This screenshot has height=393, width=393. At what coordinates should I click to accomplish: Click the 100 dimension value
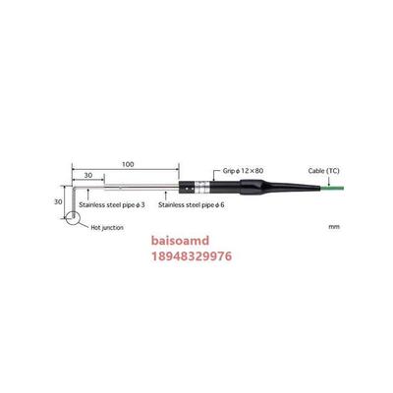click(128, 164)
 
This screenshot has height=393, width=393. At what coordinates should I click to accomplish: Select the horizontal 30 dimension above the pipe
click(88, 176)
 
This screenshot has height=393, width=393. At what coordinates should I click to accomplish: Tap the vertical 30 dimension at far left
click(58, 202)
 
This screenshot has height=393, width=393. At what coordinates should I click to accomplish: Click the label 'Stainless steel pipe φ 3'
click(112, 205)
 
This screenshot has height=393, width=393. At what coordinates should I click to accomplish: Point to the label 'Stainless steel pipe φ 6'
click(192, 205)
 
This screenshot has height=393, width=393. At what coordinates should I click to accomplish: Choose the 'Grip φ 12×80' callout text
click(243, 171)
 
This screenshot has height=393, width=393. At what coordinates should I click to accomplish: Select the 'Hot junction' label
click(107, 227)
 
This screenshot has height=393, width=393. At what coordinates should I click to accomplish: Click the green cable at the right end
click(331, 188)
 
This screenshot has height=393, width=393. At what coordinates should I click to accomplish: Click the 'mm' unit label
click(334, 227)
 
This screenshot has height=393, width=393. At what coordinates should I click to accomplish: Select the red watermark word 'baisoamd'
click(180, 241)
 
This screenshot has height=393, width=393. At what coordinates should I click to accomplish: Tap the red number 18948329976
click(192, 256)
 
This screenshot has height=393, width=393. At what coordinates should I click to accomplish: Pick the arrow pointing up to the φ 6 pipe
click(166, 196)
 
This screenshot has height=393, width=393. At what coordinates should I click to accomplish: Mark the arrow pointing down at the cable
click(328, 181)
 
